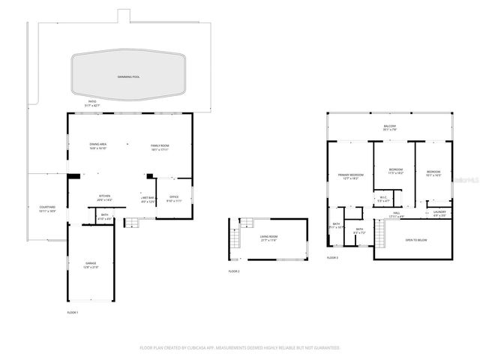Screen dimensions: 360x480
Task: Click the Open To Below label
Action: [415, 241]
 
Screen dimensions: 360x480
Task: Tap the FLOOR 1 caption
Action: [73, 311]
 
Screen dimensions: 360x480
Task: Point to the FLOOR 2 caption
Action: [234, 271]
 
